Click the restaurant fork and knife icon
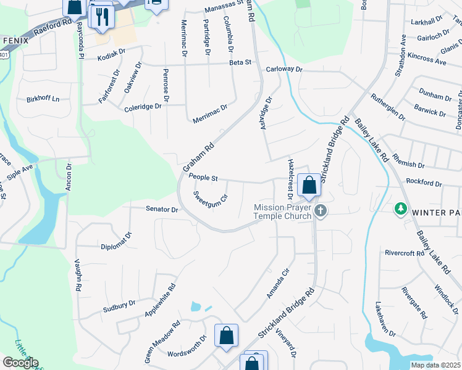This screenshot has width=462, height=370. (x=102, y=17)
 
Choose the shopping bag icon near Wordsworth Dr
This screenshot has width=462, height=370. (x=226, y=336)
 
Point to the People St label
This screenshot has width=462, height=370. (x=204, y=178)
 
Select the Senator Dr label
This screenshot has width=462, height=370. (x=162, y=209)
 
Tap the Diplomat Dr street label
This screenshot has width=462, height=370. (x=117, y=241)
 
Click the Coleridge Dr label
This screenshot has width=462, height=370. (x=143, y=106)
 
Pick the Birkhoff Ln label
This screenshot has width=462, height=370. (x=43, y=99)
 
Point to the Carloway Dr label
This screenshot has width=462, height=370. (x=284, y=70)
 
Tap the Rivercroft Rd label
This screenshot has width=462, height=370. (x=404, y=252)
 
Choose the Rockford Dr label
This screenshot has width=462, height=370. (x=424, y=183)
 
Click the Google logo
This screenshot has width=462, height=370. (x=20, y=363)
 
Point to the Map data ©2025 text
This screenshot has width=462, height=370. (x=435, y=365)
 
